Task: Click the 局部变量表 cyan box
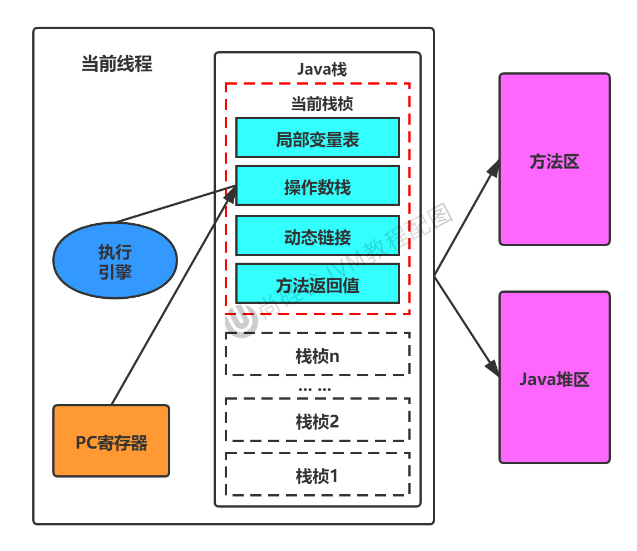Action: tap(318, 137)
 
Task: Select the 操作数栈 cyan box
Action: tap(318, 186)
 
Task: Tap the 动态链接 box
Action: tap(318, 235)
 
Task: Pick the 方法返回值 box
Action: tap(318, 284)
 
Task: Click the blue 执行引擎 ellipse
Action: tap(115, 260)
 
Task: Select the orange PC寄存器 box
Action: tap(111, 441)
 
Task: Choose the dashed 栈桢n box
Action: tap(318, 355)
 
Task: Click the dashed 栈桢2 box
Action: tap(318, 420)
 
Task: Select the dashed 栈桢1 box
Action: tap(318, 474)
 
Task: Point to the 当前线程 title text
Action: tap(117, 64)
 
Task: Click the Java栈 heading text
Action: tap(322, 69)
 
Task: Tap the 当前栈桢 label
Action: tap(322, 104)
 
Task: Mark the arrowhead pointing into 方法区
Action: tap(493, 168)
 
